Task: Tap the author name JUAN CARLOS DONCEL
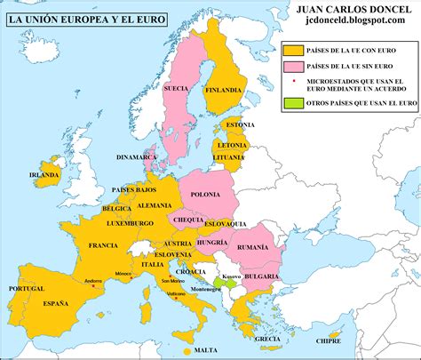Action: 341,11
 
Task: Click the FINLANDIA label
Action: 223,90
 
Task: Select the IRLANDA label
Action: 44,175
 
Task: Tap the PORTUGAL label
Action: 26,289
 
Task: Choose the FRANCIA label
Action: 104,244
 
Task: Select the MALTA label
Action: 206,349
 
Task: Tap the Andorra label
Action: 93,281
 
